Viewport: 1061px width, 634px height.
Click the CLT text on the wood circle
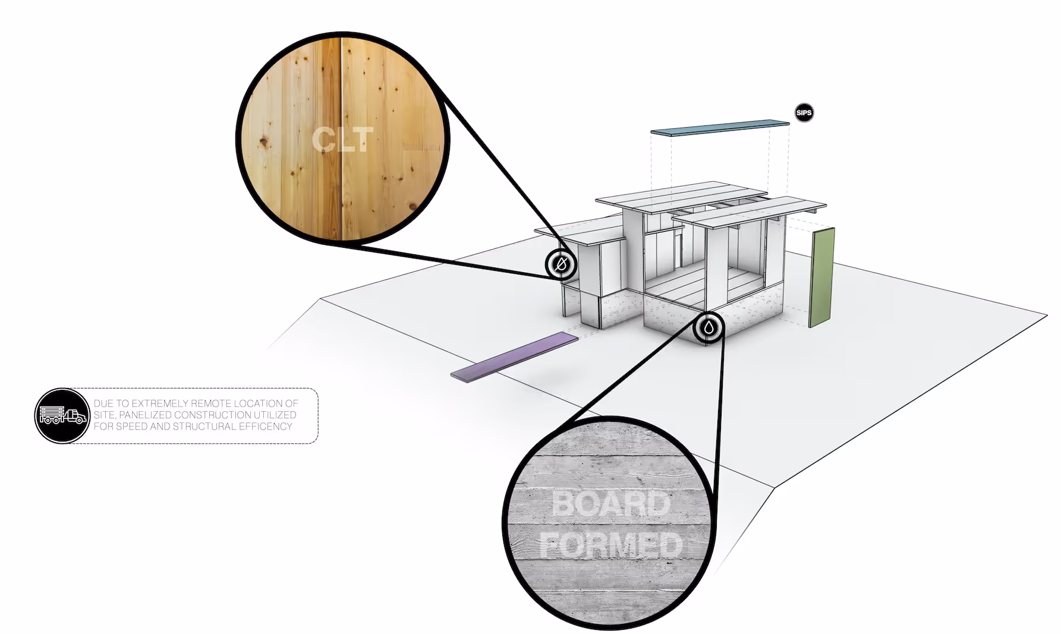pyautogui.click(x=342, y=139)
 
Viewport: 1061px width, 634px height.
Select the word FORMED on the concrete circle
pyautogui.click(x=610, y=545)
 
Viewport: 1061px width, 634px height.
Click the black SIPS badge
pyautogui.click(x=804, y=113)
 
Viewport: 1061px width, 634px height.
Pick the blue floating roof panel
pyautogui.click(x=719, y=128)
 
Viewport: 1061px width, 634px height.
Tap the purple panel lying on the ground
pyautogui.click(x=515, y=357)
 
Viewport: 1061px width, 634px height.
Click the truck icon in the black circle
pyautogui.click(x=61, y=416)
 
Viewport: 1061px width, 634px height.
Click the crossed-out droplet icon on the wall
pyautogui.click(x=561, y=264)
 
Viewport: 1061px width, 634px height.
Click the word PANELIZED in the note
pyautogui.click(x=144, y=415)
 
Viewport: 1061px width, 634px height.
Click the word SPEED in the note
pyautogui.click(x=133, y=426)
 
